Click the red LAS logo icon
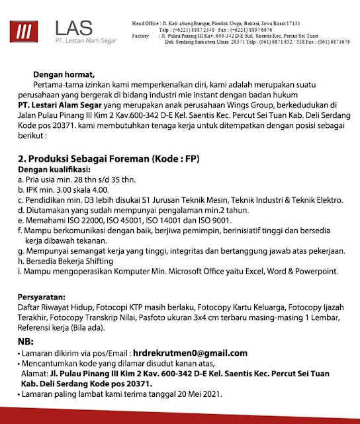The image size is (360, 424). coord(26,31)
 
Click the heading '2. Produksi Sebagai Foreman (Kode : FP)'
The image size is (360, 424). coord(109,160)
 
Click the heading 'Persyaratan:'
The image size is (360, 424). coord(41,297)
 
